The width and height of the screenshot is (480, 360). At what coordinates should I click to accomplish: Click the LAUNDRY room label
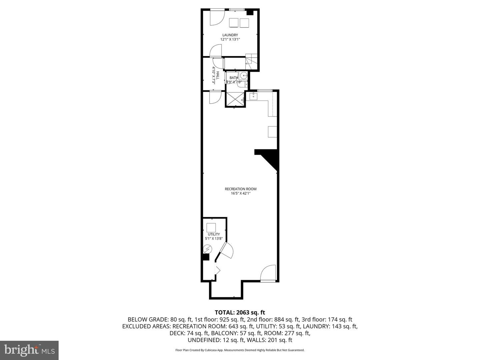click(x=230, y=35)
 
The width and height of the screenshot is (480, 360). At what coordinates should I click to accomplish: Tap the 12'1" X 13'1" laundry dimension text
click(x=230, y=39)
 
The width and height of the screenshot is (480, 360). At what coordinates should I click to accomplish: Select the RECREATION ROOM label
click(x=240, y=189)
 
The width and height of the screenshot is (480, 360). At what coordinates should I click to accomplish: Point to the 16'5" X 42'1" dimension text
click(x=240, y=193)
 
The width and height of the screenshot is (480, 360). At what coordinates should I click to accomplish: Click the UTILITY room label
click(x=214, y=234)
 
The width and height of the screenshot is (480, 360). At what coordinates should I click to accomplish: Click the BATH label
click(x=234, y=78)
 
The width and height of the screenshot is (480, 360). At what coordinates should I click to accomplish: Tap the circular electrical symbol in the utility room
click(x=208, y=249)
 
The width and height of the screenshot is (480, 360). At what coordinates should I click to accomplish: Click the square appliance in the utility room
click(x=211, y=228)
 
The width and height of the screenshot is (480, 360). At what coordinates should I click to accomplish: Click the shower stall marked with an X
click(x=235, y=99)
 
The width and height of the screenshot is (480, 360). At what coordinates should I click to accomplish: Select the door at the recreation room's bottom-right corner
click(x=268, y=273)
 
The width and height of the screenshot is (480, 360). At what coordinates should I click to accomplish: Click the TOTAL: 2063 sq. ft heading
click(x=240, y=312)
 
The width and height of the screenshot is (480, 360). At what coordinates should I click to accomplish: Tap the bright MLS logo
click(x=29, y=350)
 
